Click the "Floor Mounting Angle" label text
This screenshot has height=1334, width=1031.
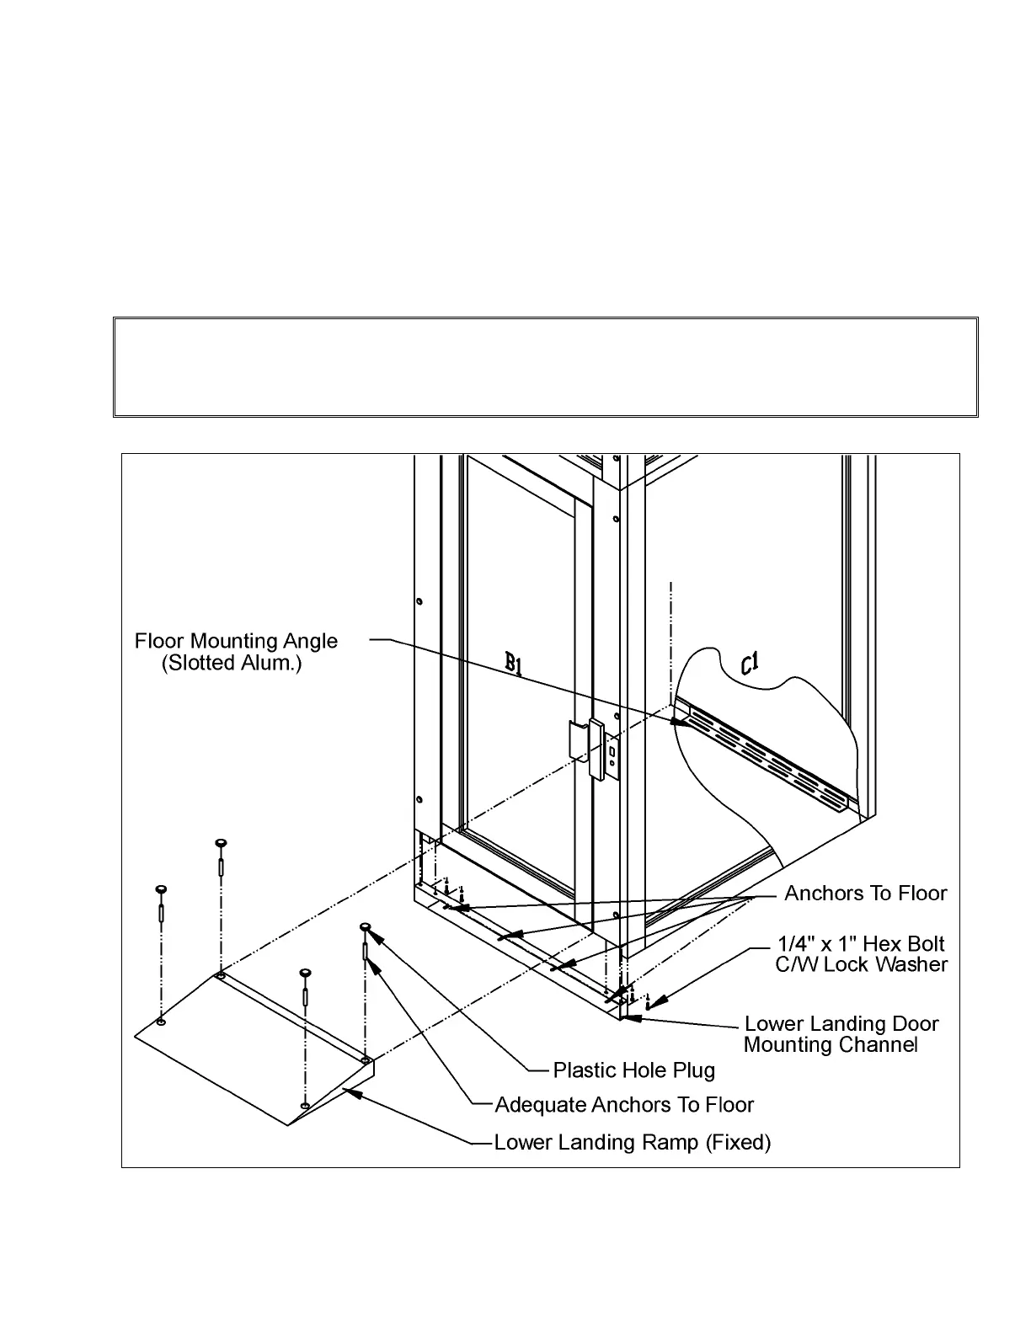pos(236,642)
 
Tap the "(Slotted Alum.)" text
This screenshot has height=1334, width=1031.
pos(232,664)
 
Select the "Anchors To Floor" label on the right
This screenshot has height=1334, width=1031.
pos(865,894)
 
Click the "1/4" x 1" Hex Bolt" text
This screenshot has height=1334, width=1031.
pos(860,944)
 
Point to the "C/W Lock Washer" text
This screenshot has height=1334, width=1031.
pos(861,965)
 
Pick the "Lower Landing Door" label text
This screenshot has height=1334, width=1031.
pos(841,1024)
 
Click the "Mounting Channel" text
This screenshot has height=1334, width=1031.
pos(830,1045)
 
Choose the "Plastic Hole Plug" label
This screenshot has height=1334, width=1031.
pos(633,1070)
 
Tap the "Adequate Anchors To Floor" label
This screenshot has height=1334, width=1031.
pos(623,1105)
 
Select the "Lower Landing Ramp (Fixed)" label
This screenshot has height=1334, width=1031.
pos(632,1143)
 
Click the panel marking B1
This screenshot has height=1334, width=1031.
pos(514,665)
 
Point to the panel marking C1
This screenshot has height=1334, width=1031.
pos(750,665)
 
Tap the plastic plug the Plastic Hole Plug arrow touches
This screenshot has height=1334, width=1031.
pos(365,927)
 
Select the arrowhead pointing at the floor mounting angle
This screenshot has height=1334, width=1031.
pos(676,721)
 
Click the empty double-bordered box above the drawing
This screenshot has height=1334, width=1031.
pos(546,367)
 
